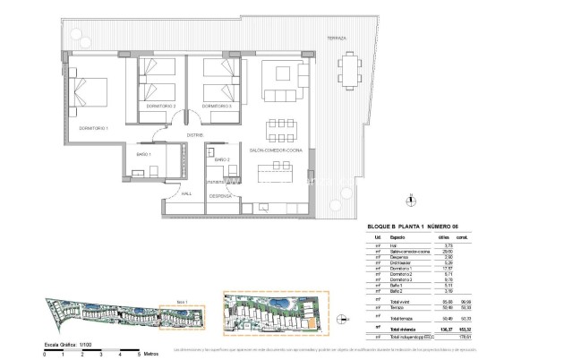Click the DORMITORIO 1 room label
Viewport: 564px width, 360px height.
pyautogui.click(x=93, y=129)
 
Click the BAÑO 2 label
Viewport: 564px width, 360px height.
pyautogui.click(x=222, y=159)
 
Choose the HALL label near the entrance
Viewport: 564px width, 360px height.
pyautogui.click(x=187, y=193)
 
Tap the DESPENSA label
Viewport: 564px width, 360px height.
pyautogui.click(x=221, y=195)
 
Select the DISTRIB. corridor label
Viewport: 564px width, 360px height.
pyautogui.click(x=192, y=135)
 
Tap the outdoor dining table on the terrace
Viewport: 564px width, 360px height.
pyautogui.click(x=347, y=71)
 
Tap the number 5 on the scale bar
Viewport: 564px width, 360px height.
pyautogui.click(x=138, y=356)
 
